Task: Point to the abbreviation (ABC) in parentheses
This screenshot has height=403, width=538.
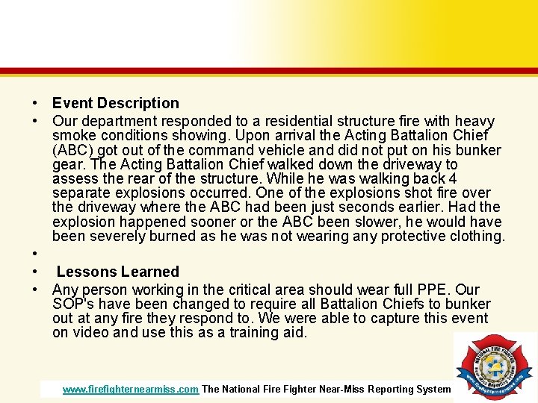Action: click(x=72, y=149)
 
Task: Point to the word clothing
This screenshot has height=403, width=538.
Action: click(x=476, y=237)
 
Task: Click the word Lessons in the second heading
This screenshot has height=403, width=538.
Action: click(x=86, y=272)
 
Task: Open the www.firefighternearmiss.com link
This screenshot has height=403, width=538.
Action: click(x=131, y=389)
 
